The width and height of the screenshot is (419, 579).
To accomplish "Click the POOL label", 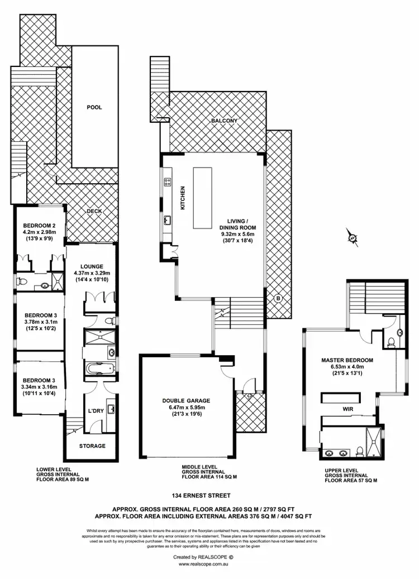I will pyautogui.click(x=94, y=107).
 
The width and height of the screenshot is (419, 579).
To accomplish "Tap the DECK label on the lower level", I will pyautogui.click(x=94, y=212).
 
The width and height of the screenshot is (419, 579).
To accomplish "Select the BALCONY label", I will pyautogui.click(x=224, y=121).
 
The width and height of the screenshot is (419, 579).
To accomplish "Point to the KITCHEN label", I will pyautogui.click(x=182, y=198).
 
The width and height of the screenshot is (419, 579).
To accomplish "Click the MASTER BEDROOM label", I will pyautogui.click(x=347, y=360).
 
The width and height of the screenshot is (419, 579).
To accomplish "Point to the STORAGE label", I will pyautogui.click(x=92, y=446).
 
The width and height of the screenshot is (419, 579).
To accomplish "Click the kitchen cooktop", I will pyautogui.click(x=167, y=181).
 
